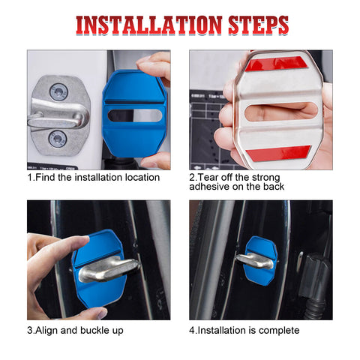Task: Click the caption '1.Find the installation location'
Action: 94,178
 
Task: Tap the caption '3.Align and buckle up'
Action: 76,330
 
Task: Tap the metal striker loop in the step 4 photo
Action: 254,260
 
